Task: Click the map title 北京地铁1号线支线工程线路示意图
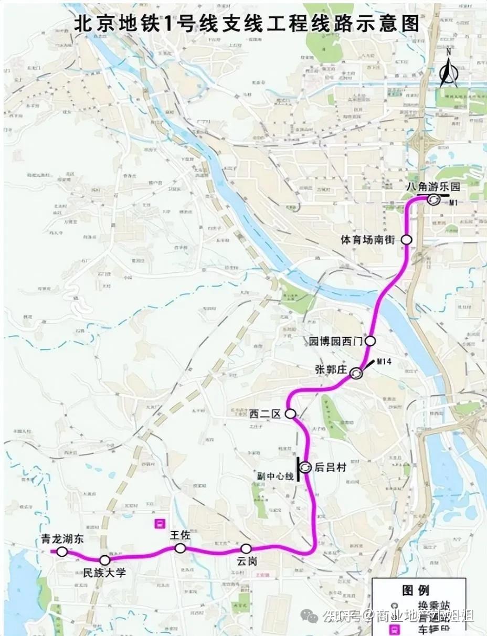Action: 246,23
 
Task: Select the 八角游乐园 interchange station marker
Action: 433,199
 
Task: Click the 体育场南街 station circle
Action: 406,239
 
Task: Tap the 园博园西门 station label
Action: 336,341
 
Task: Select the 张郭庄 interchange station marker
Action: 356,373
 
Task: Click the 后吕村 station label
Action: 330,467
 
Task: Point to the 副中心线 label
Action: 274,476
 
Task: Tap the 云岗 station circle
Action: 246,548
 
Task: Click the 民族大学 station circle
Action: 105,560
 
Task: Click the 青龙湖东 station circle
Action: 62,552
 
